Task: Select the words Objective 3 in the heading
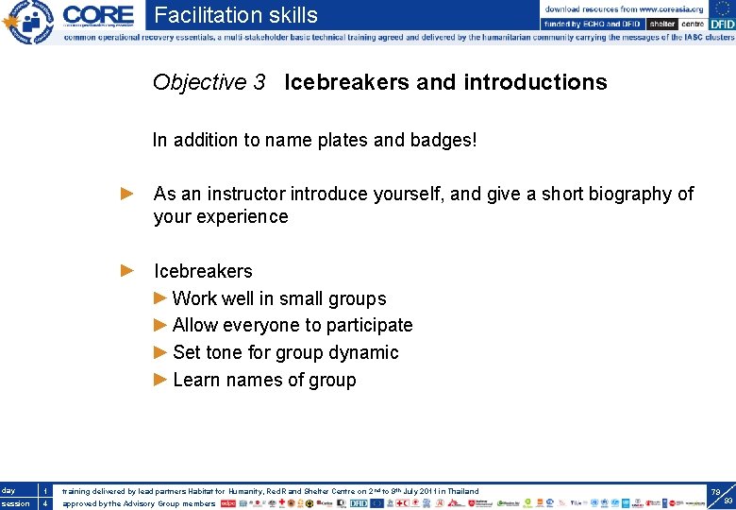[x=209, y=82]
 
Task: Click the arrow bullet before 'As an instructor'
[x=128, y=194]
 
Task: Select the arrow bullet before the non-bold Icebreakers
[x=128, y=271]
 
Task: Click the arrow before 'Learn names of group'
[x=160, y=380]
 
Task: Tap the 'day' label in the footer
[x=8, y=491]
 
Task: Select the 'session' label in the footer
[x=15, y=503]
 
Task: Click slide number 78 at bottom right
[x=715, y=492]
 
